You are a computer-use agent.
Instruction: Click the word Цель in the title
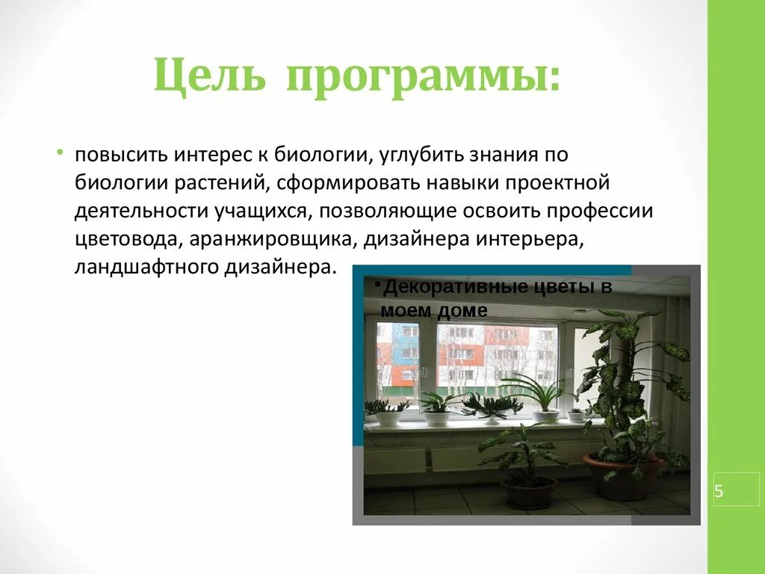click(209, 77)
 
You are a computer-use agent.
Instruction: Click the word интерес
click(214, 155)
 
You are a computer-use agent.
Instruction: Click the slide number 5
click(719, 492)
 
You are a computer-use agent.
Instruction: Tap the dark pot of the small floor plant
click(530, 492)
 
